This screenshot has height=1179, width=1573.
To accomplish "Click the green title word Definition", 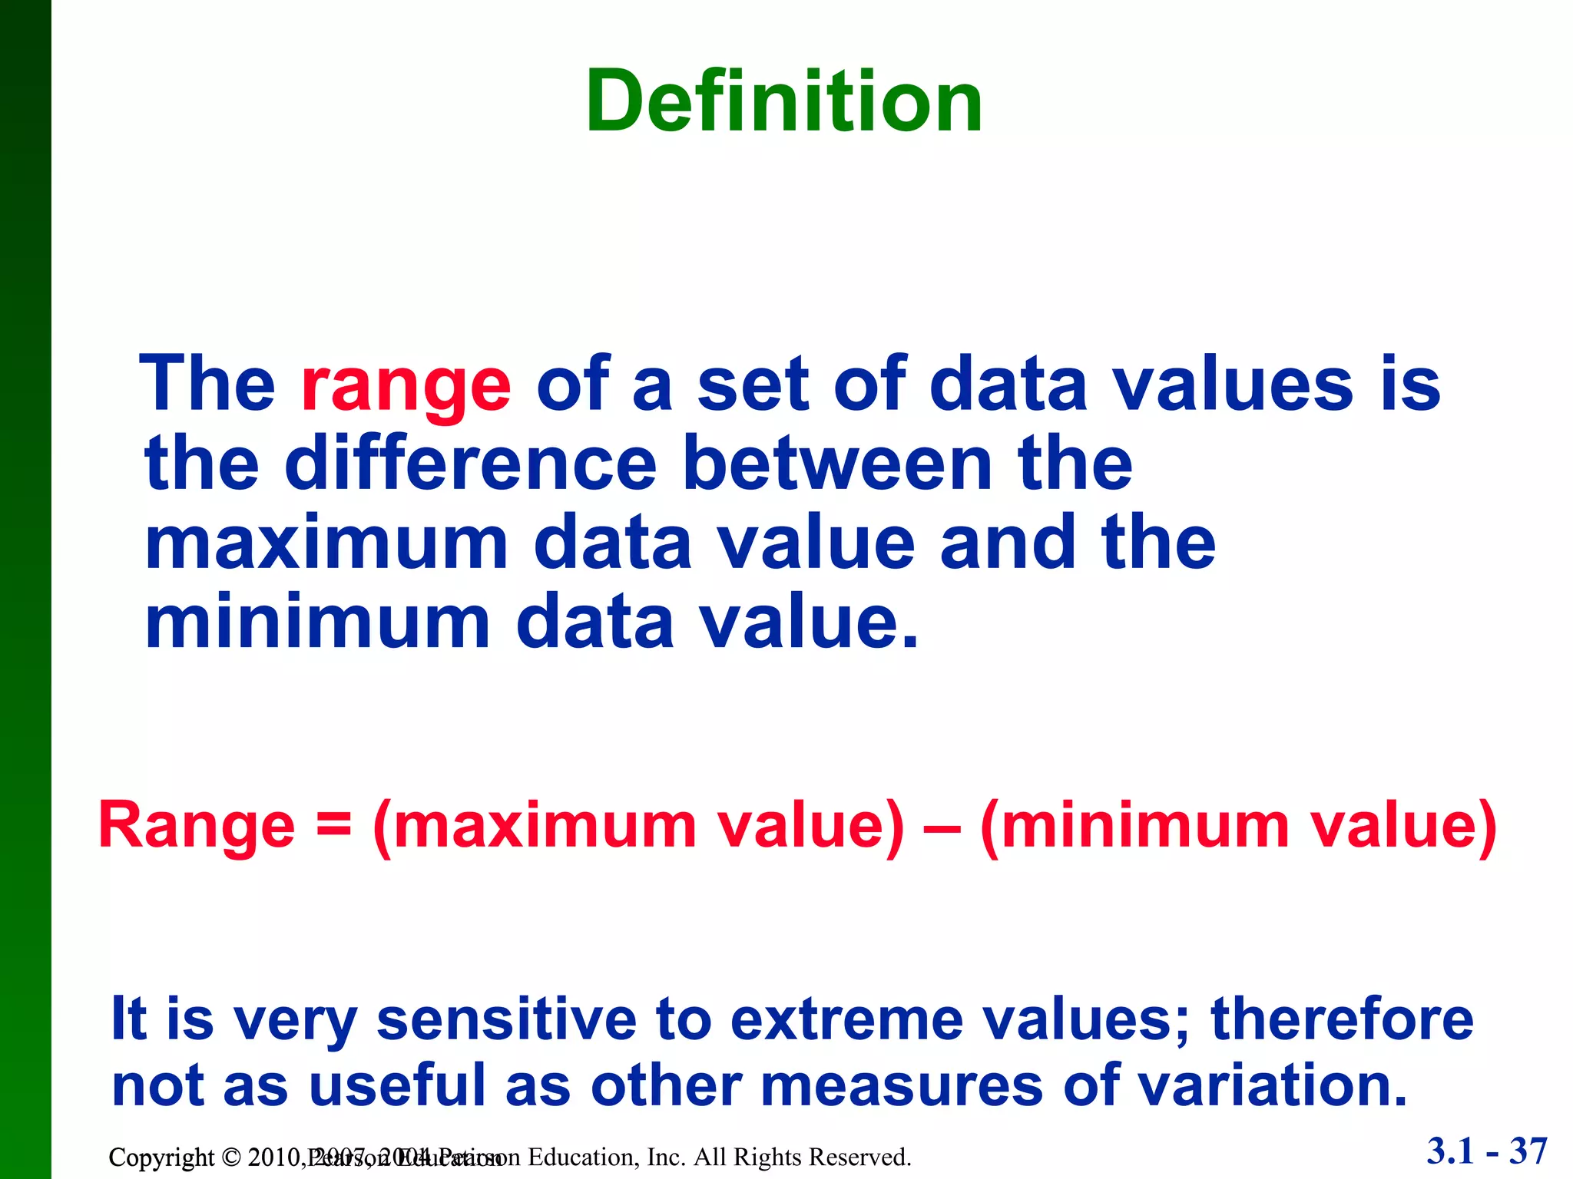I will [783, 102].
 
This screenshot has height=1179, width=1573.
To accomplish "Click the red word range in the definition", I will [406, 386].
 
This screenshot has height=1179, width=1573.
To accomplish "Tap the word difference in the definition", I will [470, 464].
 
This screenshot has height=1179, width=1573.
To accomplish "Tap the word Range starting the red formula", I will [197, 826].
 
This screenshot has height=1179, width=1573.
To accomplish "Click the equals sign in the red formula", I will [333, 826].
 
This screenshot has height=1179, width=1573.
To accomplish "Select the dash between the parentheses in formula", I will [943, 829].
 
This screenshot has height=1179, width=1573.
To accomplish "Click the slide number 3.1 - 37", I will [1487, 1151].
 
